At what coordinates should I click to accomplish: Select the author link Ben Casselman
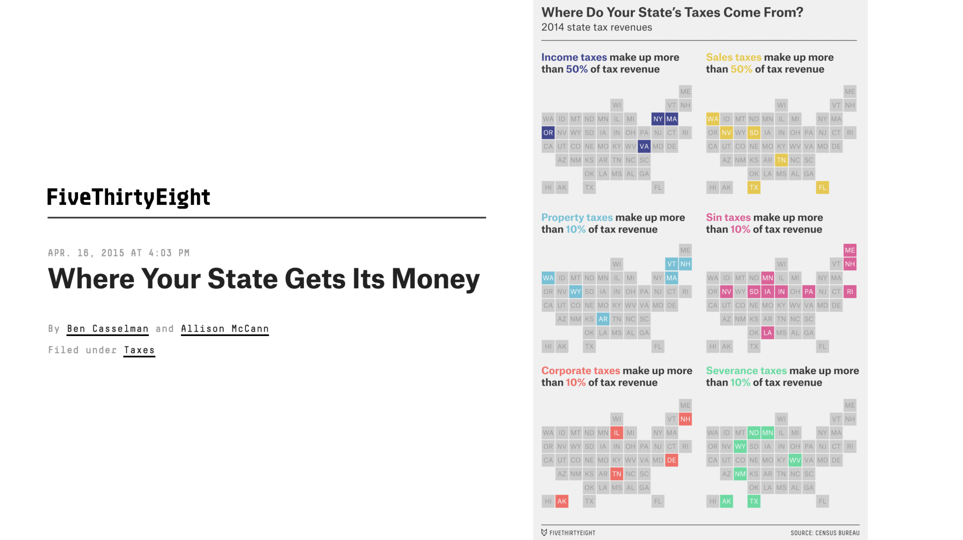tap(108, 329)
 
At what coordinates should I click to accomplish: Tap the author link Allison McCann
tap(225, 329)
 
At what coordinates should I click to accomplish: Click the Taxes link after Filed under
tap(139, 350)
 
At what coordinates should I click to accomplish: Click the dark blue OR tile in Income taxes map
tap(548, 133)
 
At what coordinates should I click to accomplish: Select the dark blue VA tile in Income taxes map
tap(644, 146)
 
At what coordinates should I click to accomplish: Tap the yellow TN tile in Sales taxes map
tap(781, 160)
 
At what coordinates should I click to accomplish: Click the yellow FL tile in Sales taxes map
tap(822, 187)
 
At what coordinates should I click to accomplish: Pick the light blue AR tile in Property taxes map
tap(603, 319)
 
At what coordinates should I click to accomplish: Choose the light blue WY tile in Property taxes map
tap(575, 292)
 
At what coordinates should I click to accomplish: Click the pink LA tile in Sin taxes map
tap(767, 333)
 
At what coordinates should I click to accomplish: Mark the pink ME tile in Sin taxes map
tap(849, 250)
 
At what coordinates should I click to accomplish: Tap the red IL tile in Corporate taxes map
tap(617, 433)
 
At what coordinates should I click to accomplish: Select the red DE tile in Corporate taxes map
tap(671, 460)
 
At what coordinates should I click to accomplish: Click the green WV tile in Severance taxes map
tap(795, 460)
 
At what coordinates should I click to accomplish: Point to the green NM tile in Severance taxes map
tap(740, 474)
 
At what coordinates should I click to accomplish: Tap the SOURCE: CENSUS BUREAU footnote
tap(825, 533)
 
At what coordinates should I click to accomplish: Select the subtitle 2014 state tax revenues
tap(596, 27)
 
